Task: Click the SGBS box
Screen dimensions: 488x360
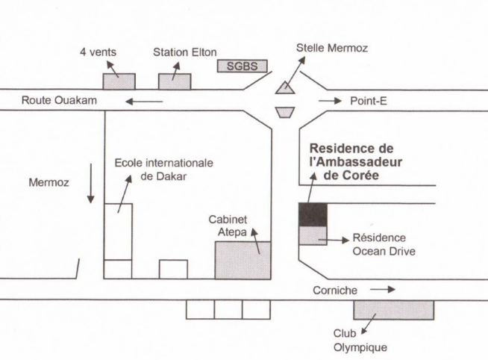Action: pos(242,66)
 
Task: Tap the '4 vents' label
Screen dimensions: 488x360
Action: pos(98,52)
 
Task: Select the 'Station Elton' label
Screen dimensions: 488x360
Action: pos(185,52)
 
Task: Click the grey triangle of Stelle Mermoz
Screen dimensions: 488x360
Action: pos(285,87)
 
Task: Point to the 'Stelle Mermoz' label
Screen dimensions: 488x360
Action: pos(332,48)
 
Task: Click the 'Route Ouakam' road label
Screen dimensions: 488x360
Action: pos(59,100)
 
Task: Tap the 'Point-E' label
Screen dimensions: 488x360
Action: pos(369,101)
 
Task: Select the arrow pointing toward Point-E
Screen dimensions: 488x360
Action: pos(330,101)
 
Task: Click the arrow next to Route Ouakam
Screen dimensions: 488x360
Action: pos(144,102)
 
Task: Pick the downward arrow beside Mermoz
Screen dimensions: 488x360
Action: pos(91,183)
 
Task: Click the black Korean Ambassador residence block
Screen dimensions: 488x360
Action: pos(313,214)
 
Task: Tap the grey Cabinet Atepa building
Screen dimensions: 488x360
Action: pos(243,260)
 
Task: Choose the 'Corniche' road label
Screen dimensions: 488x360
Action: pos(335,291)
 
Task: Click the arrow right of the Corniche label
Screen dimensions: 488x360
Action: pos(383,290)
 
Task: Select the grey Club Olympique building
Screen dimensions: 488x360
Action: pos(394,310)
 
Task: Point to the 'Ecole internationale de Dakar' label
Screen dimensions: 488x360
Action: pos(163,170)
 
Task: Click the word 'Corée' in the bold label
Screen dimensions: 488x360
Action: pos(360,175)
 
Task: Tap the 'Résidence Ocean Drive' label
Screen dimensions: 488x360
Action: pos(384,244)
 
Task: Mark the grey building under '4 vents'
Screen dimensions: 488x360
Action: pos(119,81)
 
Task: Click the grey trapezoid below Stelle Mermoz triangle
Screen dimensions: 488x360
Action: pos(285,113)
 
